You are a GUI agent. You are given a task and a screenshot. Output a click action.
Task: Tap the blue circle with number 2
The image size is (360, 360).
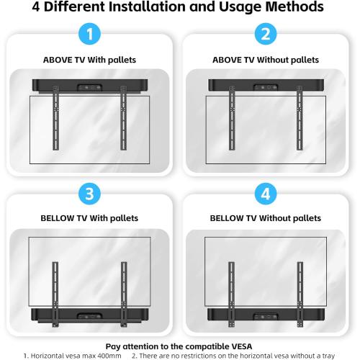coord(266,35)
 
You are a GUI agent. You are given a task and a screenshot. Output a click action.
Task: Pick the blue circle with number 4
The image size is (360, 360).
coord(266,194)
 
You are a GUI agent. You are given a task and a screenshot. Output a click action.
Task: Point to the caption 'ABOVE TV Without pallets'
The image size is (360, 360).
coord(266,59)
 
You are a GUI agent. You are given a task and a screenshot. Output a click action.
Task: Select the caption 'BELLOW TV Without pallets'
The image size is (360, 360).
coord(266,217)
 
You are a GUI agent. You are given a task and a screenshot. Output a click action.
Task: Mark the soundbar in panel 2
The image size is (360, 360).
coord(266,84)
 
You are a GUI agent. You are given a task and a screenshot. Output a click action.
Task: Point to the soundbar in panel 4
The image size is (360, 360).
coord(266,315)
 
